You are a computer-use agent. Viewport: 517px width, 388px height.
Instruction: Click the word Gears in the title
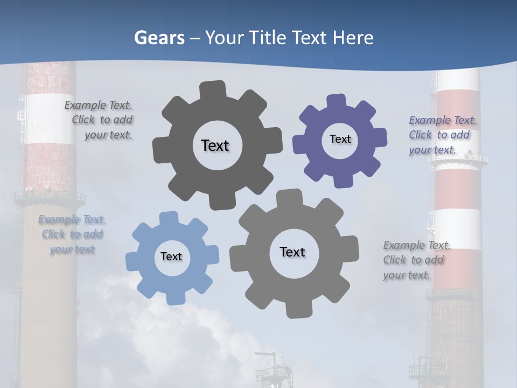159,38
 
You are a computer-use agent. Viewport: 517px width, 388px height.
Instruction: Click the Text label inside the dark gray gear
215,145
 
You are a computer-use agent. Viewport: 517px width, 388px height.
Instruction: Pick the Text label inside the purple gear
340,139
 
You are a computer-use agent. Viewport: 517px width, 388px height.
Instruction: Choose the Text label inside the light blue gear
171,257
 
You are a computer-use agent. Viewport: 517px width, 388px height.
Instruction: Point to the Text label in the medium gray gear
292,252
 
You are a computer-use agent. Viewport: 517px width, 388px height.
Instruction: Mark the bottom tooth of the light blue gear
175,297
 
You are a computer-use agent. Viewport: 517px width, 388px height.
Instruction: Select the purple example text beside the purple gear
442,135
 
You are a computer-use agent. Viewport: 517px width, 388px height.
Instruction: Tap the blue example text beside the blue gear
72,234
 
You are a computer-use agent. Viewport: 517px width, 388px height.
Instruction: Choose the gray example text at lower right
416,260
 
